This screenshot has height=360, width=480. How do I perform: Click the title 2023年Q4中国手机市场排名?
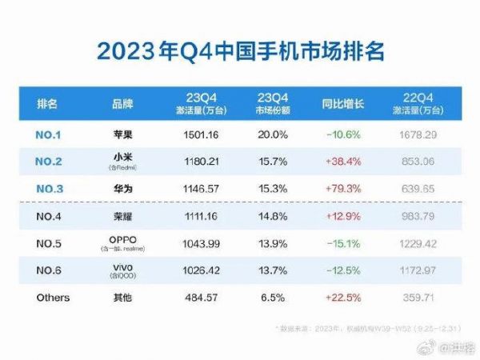point(240,50)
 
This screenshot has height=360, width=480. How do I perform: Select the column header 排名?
point(47,105)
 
